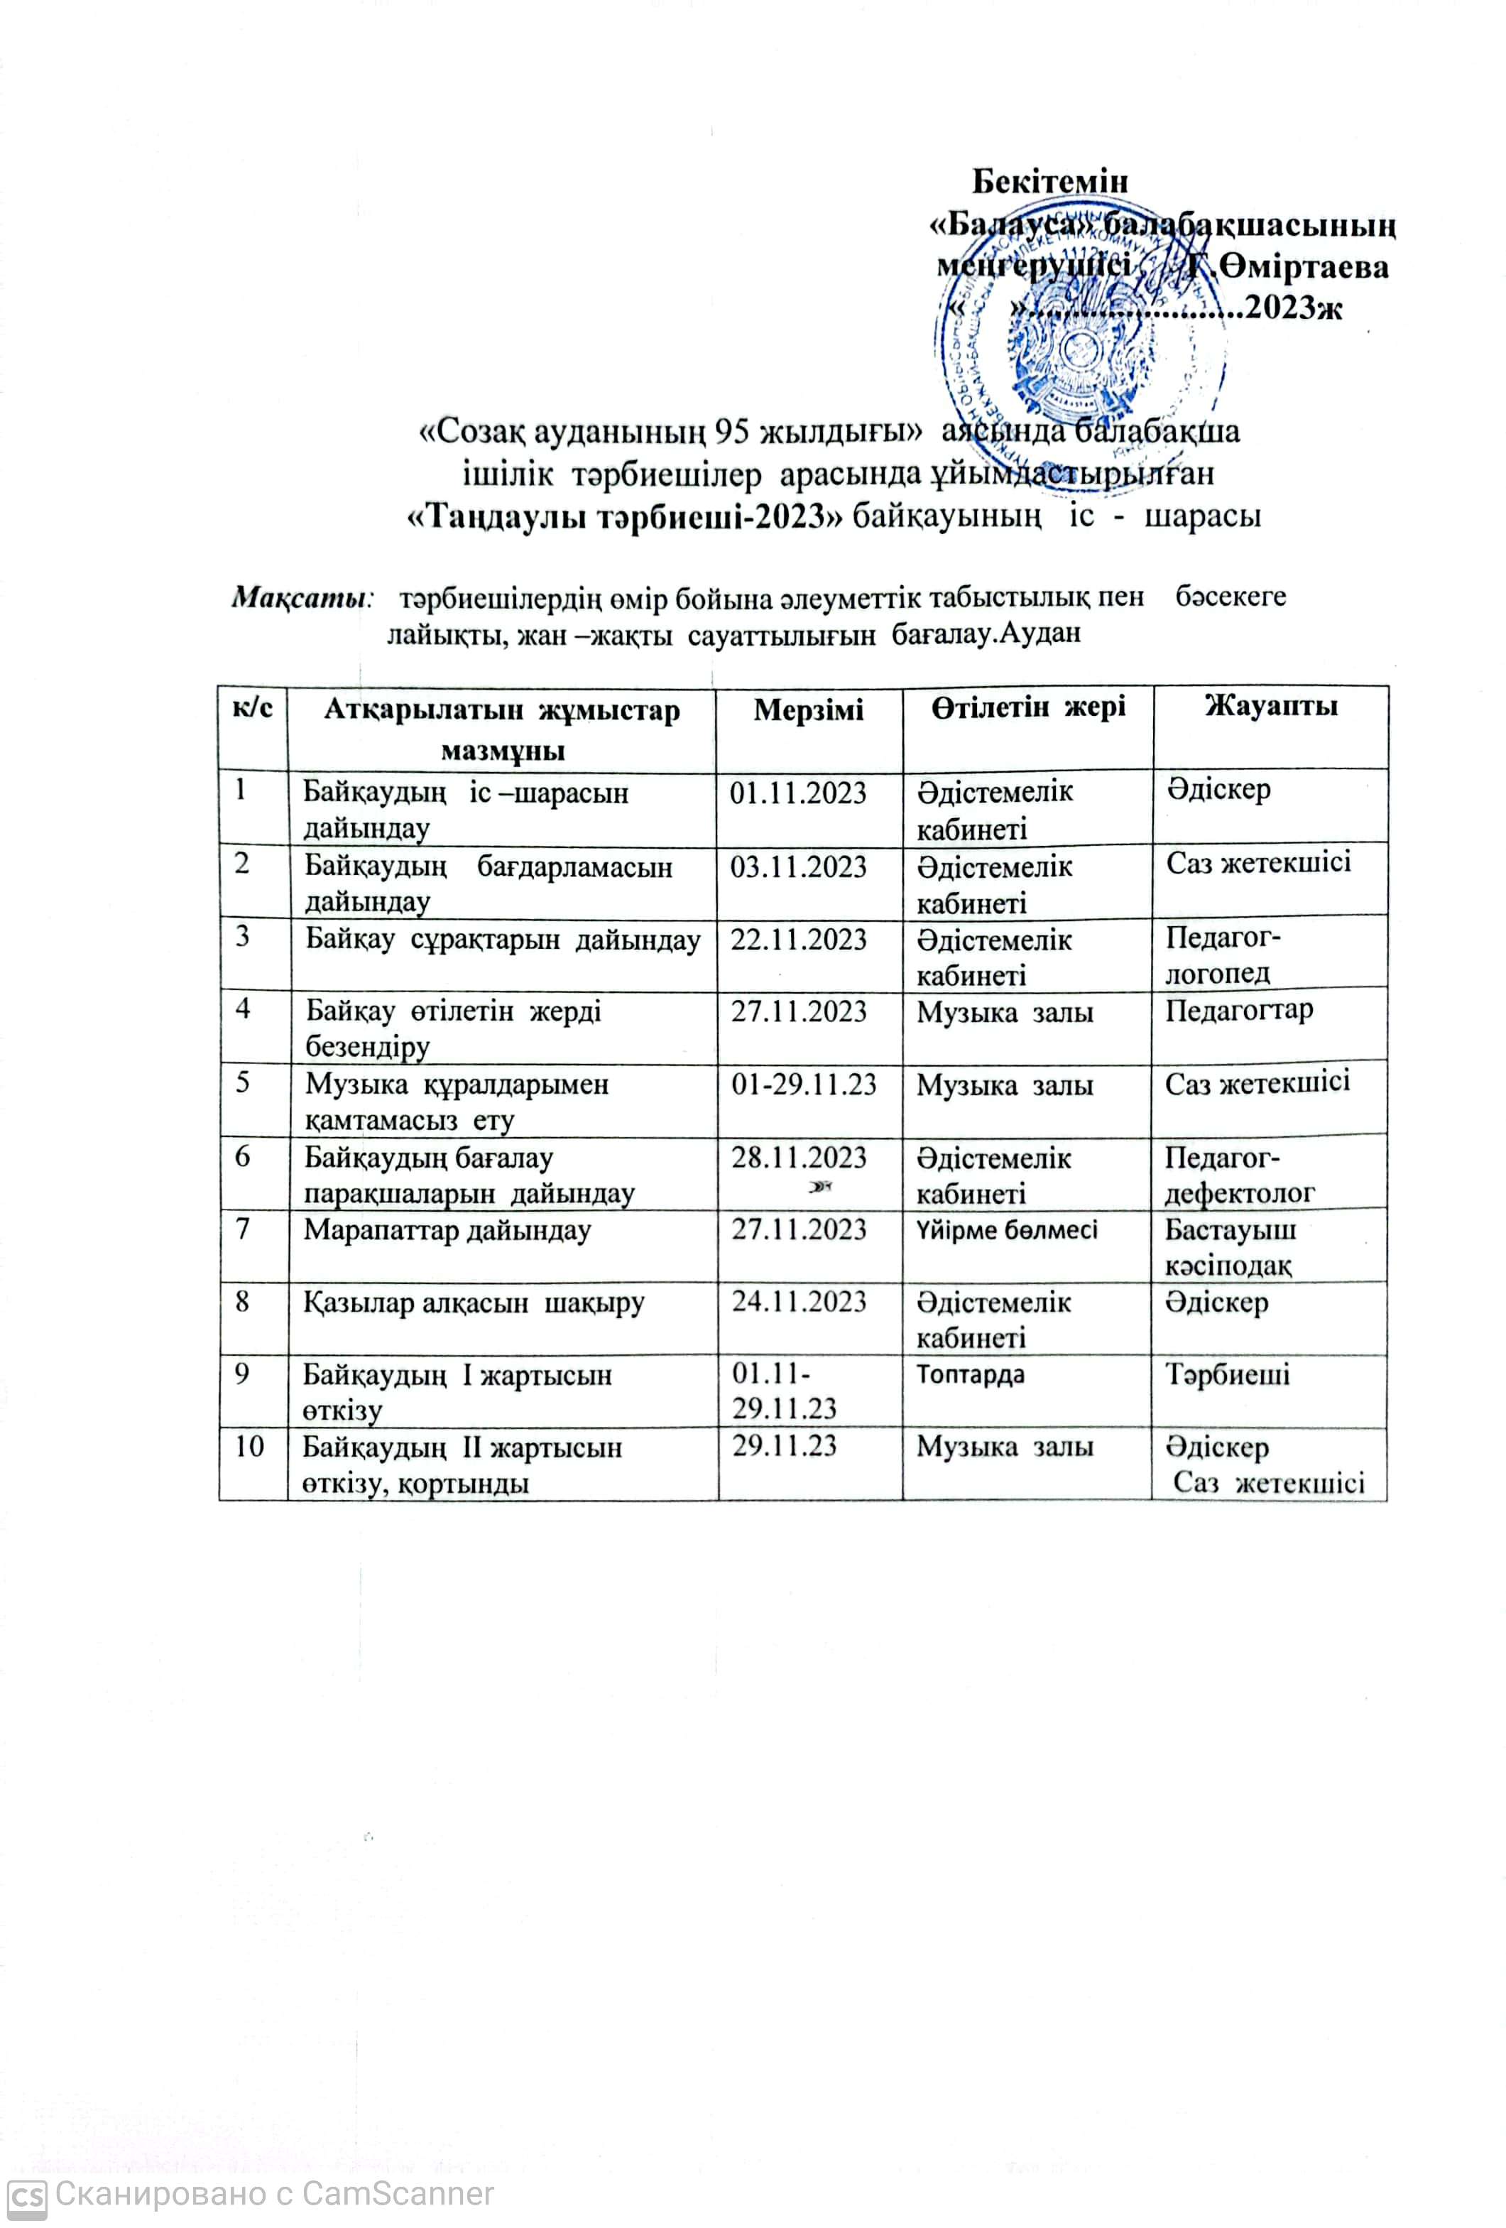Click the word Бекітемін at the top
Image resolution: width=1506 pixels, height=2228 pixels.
click(1049, 180)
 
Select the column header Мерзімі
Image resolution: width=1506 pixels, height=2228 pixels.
click(807, 710)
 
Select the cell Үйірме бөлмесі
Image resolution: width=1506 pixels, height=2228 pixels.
click(1007, 1230)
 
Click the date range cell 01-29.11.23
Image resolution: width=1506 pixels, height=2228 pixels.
click(803, 1085)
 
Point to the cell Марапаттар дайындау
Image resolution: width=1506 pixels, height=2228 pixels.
click(447, 1230)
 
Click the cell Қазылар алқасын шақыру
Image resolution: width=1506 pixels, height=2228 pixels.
click(474, 1303)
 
